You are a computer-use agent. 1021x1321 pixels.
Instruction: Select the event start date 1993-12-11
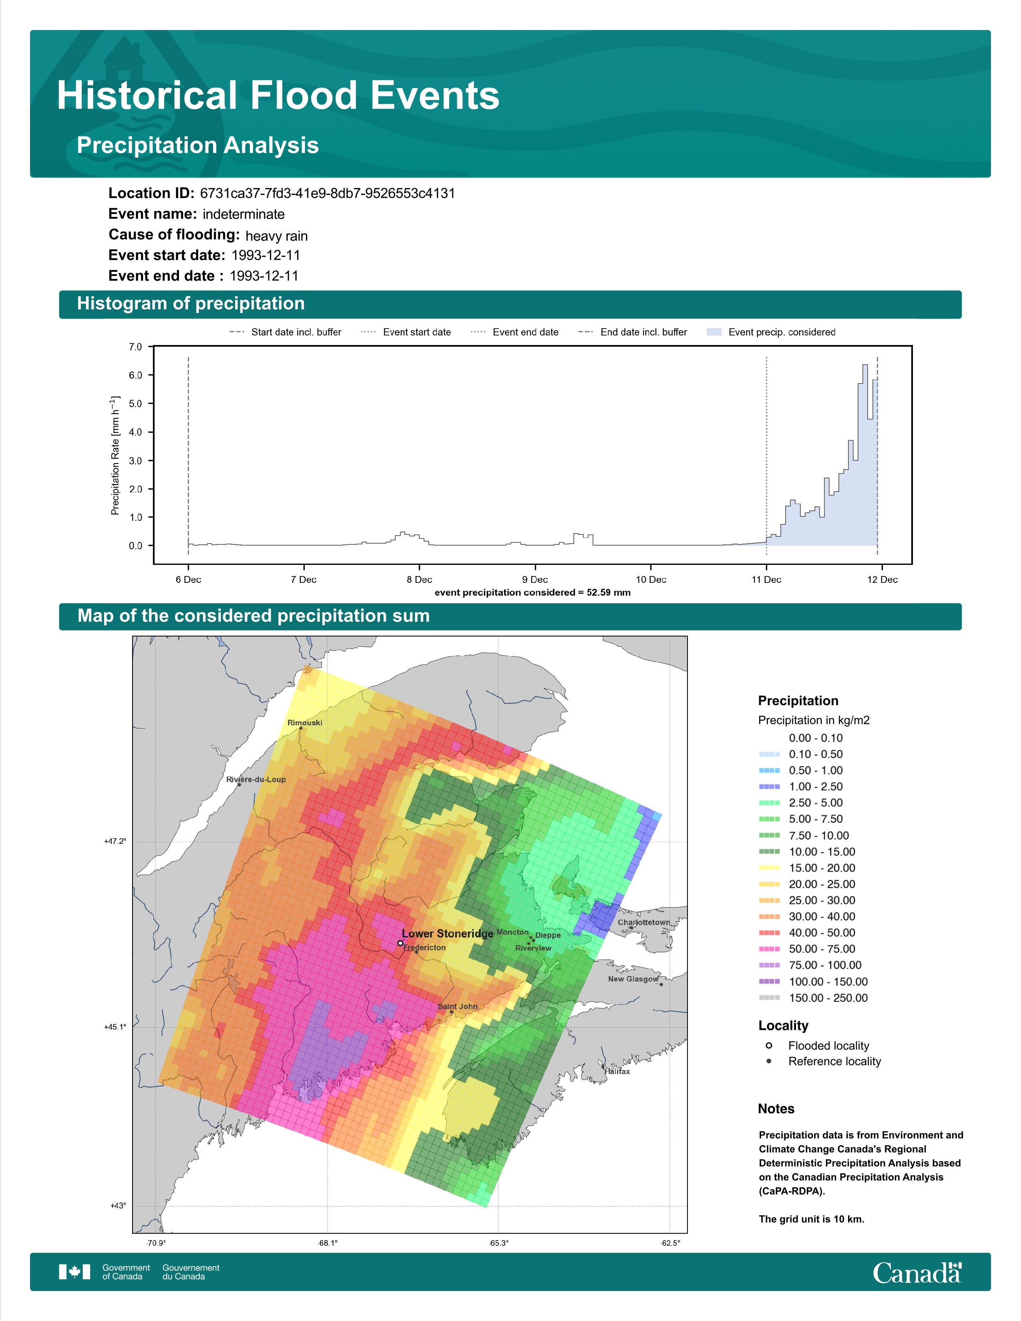(265, 255)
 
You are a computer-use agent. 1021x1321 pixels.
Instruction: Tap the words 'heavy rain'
(276, 235)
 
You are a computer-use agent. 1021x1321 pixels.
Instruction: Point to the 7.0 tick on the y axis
(135, 347)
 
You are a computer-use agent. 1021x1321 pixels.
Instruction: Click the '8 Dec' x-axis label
(419, 580)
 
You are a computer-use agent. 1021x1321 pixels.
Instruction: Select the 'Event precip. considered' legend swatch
(714, 332)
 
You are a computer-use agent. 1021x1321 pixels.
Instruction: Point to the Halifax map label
(617, 1071)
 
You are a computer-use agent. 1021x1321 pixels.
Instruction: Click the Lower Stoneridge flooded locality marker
(400, 942)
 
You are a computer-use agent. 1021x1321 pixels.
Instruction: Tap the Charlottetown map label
(643, 922)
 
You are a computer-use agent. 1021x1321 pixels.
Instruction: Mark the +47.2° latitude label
(116, 841)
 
